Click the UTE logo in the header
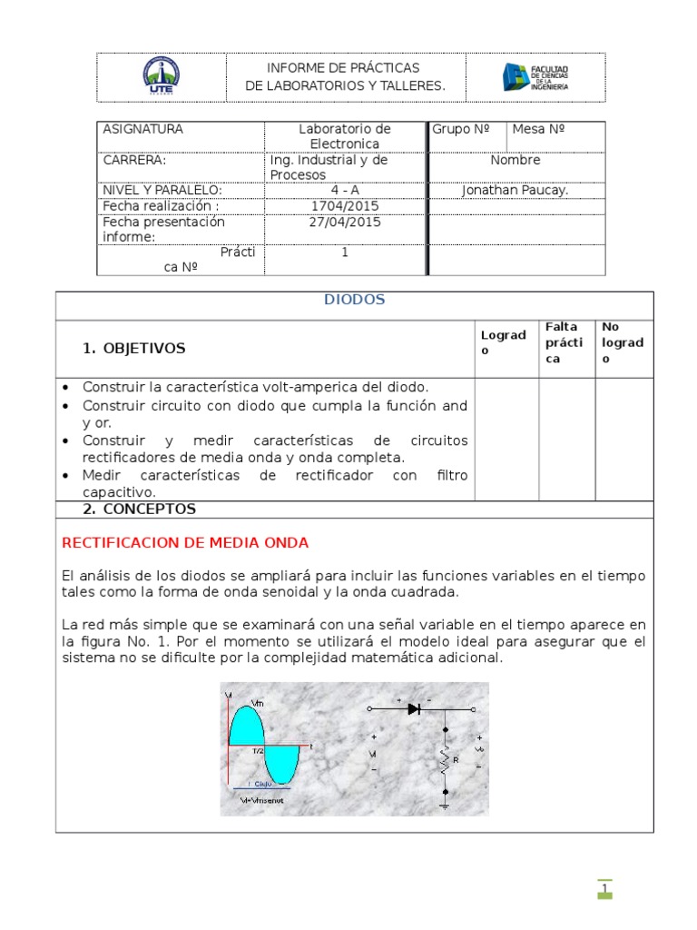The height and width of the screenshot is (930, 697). click(x=162, y=76)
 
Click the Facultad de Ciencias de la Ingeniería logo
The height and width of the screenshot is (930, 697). click(x=535, y=77)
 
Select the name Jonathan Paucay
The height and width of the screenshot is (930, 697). click(x=515, y=190)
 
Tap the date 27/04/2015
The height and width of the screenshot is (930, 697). click(x=345, y=222)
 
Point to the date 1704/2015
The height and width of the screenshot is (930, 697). click(x=345, y=205)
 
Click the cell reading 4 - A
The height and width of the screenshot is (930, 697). click(x=345, y=190)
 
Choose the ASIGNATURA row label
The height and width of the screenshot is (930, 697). click(x=142, y=129)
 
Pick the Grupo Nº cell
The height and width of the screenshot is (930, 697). click(x=461, y=129)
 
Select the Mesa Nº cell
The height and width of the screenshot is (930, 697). click(x=538, y=129)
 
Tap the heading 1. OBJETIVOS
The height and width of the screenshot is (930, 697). click(x=133, y=348)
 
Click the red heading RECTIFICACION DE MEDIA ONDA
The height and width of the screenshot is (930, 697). click(x=185, y=543)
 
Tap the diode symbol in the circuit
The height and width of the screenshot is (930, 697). click(x=414, y=708)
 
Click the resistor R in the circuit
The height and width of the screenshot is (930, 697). click(x=446, y=757)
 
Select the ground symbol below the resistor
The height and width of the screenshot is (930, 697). click(x=445, y=803)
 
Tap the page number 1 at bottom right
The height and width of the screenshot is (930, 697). click(x=604, y=888)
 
